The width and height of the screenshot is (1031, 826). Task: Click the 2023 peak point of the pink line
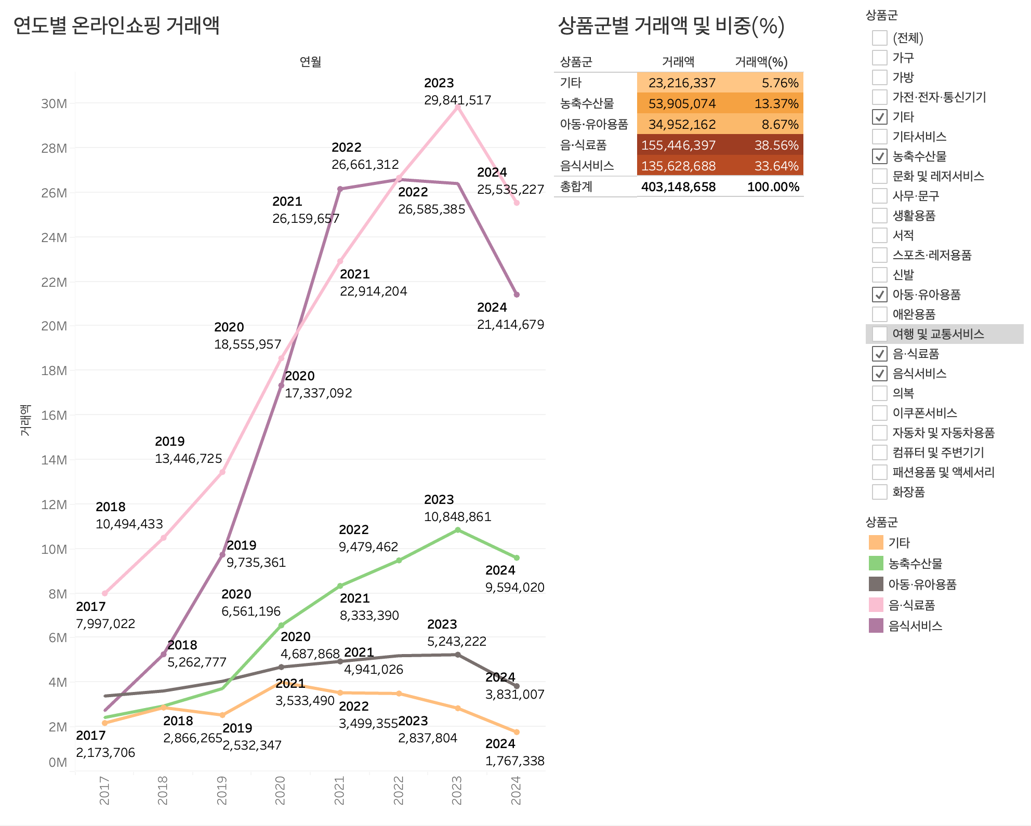click(457, 106)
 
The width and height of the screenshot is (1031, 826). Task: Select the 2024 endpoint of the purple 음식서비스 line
click(517, 295)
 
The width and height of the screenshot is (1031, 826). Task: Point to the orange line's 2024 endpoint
click(517, 732)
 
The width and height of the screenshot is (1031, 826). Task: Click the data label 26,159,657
click(306, 219)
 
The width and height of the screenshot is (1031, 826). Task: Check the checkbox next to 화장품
click(879, 492)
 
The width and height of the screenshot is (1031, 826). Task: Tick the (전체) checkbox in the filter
click(879, 38)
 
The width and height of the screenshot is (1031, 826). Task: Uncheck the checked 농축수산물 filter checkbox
click(879, 156)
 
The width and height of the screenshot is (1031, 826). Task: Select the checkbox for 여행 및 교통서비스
click(879, 334)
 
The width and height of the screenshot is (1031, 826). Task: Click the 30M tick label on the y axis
click(54, 104)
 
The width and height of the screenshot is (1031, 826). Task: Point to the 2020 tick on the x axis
click(281, 790)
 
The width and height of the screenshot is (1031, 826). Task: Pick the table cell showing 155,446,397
click(678, 145)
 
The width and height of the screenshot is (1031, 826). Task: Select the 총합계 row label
click(576, 187)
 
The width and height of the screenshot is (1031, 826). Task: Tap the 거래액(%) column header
click(761, 62)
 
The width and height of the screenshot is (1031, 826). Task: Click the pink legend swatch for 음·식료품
click(876, 605)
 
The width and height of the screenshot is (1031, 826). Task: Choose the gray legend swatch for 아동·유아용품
click(876, 584)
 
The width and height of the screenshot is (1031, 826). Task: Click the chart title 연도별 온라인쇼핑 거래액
click(116, 25)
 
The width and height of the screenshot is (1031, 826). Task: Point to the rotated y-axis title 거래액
click(25, 420)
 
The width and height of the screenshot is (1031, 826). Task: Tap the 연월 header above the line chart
click(310, 62)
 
